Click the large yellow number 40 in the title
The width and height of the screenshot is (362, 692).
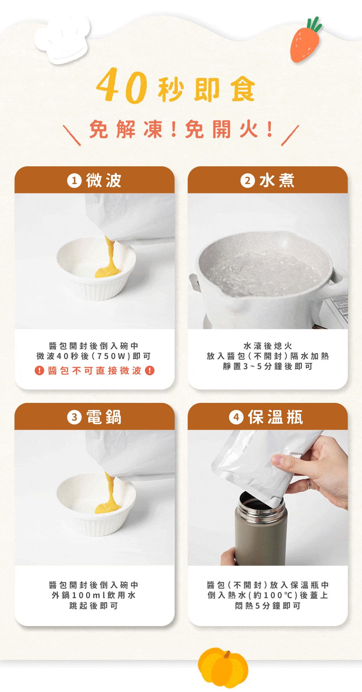(x=122, y=86)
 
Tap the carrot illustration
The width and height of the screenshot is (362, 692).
(x=306, y=41)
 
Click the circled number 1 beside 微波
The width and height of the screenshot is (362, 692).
(x=74, y=180)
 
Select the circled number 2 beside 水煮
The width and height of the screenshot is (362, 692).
(x=247, y=180)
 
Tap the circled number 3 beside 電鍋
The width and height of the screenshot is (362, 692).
(x=74, y=417)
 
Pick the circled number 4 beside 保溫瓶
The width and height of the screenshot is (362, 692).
(x=236, y=417)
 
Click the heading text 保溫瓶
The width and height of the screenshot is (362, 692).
(x=276, y=417)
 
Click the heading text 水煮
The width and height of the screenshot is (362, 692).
(x=277, y=180)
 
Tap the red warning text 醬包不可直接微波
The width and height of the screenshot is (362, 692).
(x=94, y=370)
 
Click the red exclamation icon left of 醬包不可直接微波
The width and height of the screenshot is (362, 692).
(x=39, y=370)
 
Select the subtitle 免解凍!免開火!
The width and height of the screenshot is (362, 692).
(x=181, y=129)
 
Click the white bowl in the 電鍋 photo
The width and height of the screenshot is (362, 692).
(x=96, y=505)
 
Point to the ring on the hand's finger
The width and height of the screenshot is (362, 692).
(x=309, y=483)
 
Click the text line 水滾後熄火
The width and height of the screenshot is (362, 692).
(x=268, y=346)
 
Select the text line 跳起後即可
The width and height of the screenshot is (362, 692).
(x=94, y=606)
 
